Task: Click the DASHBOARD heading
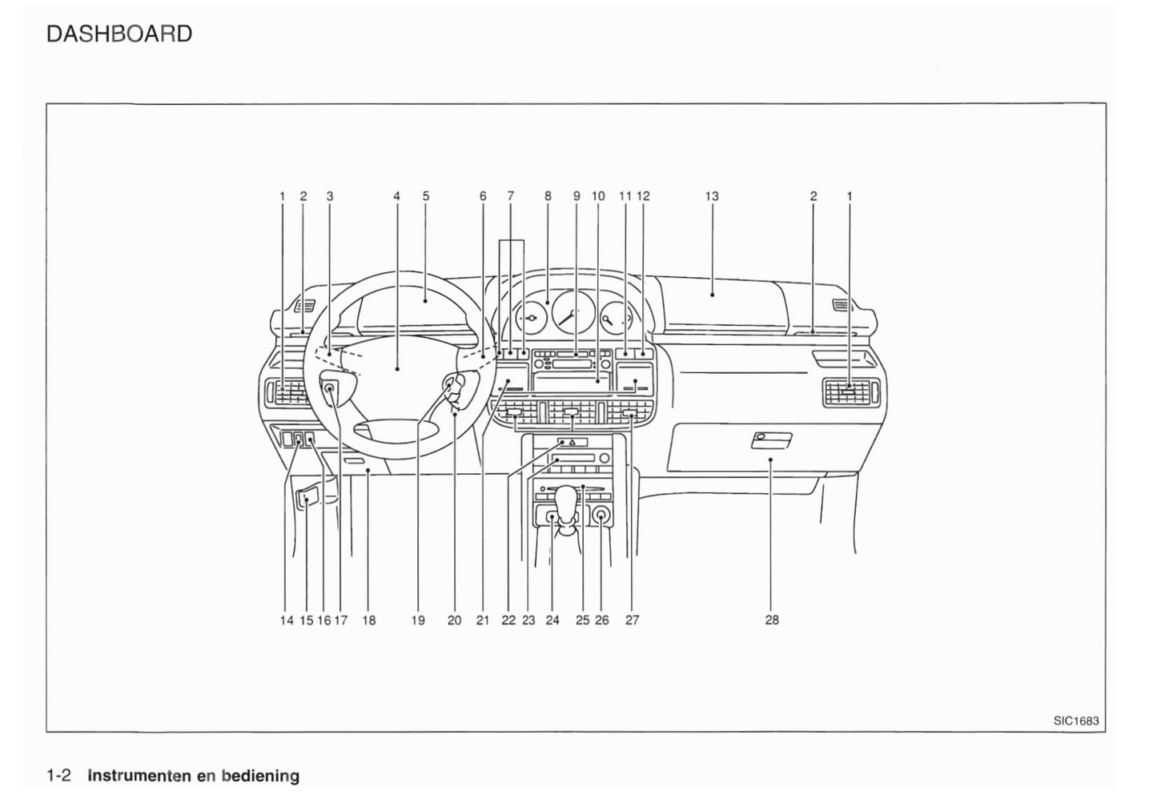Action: [x=119, y=34]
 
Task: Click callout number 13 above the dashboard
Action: [x=712, y=196]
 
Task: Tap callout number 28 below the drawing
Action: [x=772, y=620]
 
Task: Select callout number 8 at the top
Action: [x=548, y=196]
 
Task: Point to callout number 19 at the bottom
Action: [x=418, y=620]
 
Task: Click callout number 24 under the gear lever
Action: [x=552, y=620]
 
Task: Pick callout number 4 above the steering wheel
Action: [x=396, y=196]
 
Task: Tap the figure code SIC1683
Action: [x=1076, y=721]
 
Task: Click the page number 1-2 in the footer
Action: [x=59, y=775]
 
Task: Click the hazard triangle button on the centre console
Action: [x=572, y=442]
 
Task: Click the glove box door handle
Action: [x=772, y=439]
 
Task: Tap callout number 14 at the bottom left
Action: [x=287, y=620]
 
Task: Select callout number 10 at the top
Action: [x=598, y=196]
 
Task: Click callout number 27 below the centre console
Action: [x=632, y=620]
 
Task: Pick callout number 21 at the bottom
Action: [x=482, y=620]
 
